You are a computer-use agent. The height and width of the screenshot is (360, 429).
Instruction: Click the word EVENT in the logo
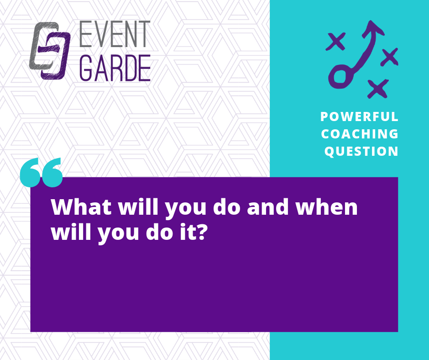coord(115,34)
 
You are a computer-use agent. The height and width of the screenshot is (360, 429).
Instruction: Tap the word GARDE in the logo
coord(115,68)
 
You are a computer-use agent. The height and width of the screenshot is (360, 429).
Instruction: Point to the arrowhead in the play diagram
coord(373,28)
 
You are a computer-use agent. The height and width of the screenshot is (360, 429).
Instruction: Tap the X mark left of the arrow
coord(335,42)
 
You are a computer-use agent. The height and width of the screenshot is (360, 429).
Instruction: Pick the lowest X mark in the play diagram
coord(378,89)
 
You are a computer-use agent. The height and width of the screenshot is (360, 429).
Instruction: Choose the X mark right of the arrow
coord(389,57)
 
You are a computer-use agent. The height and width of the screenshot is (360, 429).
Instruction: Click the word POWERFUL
coord(359,116)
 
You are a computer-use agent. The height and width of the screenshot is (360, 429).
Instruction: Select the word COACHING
coord(360,134)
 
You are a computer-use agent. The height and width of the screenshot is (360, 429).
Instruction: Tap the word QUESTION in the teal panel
coord(361,151)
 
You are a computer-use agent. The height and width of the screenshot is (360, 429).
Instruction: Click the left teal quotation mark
coord(30,172)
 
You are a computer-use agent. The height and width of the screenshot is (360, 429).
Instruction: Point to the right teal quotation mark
coord(52,172)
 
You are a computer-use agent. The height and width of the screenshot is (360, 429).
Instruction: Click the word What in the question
coord(81,207)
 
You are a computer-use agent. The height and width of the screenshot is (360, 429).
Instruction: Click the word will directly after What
coord(138,206)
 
